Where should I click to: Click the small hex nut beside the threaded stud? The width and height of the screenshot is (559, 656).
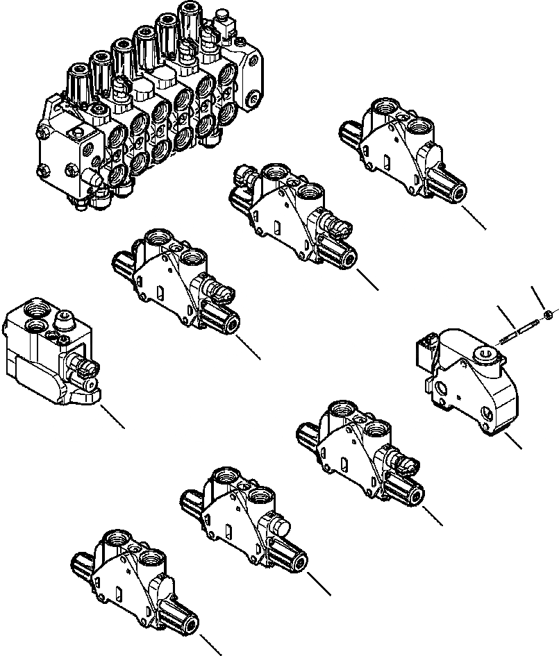pyautogui.click(x=548, y=315)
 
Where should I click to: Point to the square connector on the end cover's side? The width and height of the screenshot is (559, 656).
pyautogui.click(x=425, y=353)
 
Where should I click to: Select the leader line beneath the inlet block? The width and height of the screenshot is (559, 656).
pyautogui.click(x=113, y=417)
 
